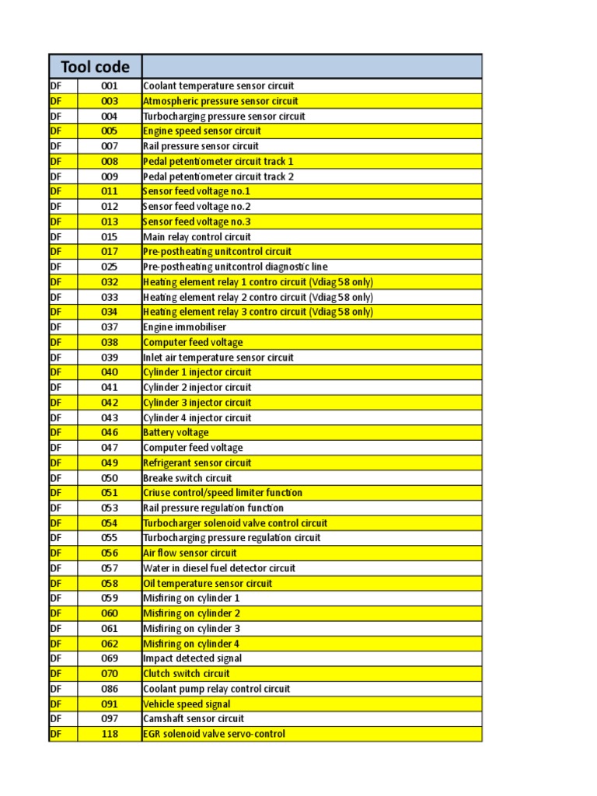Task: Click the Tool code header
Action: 95,66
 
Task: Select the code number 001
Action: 110,86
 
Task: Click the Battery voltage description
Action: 176,433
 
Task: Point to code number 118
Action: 110,734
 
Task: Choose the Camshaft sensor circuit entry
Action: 194,719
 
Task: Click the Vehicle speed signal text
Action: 187,704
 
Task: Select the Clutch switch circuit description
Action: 187,674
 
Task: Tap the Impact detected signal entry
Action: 192,658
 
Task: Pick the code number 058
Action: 110,584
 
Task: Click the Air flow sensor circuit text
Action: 190,553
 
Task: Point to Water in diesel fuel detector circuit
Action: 219,568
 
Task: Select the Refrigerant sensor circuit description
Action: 197,463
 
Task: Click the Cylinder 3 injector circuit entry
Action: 197,403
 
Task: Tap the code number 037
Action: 110,327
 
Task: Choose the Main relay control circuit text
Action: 197,237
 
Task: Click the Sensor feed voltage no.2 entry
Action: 197,207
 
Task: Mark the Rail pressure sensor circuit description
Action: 201,146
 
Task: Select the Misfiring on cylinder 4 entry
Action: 191,644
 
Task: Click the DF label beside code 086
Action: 55,689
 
